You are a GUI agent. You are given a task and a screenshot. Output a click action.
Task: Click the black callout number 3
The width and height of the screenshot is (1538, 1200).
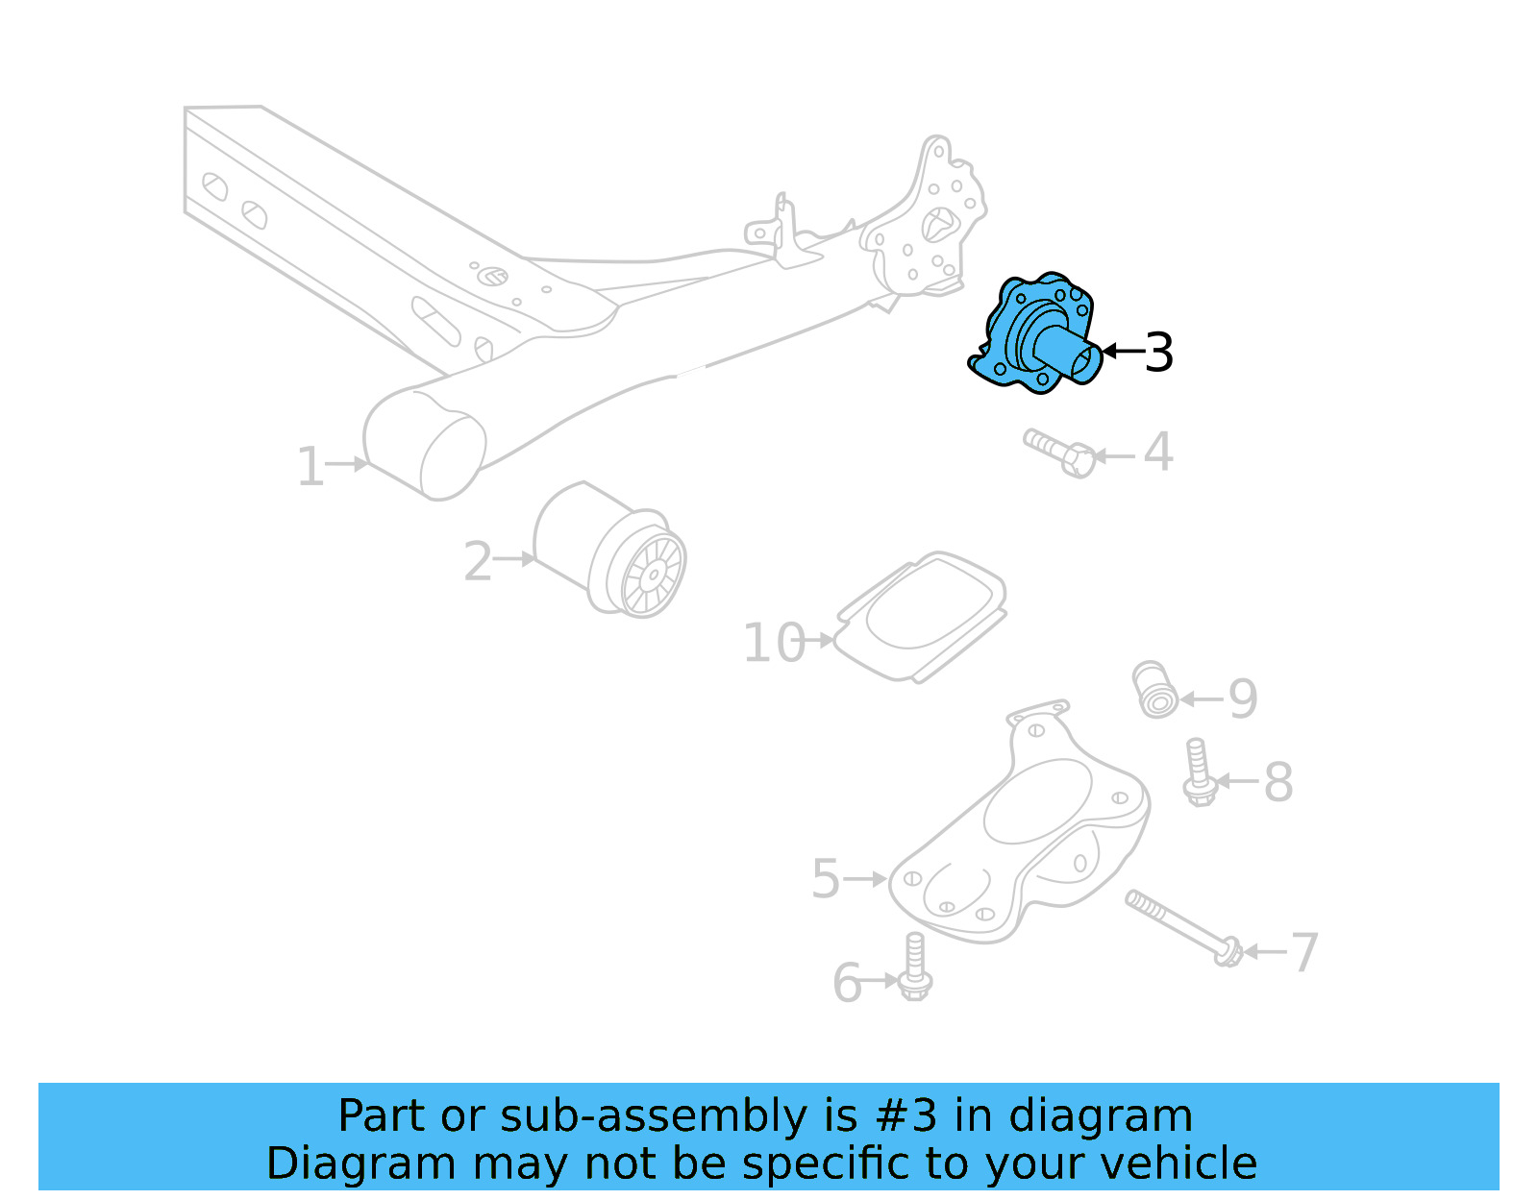[x=1159, y=353]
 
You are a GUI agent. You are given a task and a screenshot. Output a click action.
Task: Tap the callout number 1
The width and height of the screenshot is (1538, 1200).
[x=310, y=467]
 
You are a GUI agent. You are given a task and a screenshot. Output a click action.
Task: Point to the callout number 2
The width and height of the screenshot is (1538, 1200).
[x=478, y=561]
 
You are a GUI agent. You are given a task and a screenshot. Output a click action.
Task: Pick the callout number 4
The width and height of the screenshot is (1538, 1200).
[x=1158, y=452]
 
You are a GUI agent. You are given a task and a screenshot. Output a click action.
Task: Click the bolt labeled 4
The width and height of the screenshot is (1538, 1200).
[x=1058, y=453]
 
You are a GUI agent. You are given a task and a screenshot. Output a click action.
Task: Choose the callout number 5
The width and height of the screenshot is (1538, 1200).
[x=826, y=879]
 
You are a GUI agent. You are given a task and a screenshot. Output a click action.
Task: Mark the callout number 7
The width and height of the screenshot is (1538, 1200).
[x=1303, y=953]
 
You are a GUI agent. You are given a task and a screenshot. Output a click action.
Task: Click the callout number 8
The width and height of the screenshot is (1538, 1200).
[x=1278, y=782]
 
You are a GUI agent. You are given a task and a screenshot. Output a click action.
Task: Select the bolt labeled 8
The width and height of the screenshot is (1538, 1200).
[x=1198, y=772]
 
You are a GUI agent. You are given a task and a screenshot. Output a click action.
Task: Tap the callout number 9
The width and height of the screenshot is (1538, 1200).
[x=1243, y=699]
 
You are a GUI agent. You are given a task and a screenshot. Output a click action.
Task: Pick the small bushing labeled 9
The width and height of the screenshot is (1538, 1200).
[x=1154, y=689]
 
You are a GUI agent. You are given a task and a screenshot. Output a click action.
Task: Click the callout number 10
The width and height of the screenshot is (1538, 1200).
[x=774, y=643]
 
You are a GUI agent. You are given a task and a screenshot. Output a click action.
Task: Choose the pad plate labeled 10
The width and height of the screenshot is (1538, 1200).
[x=921, y=616]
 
